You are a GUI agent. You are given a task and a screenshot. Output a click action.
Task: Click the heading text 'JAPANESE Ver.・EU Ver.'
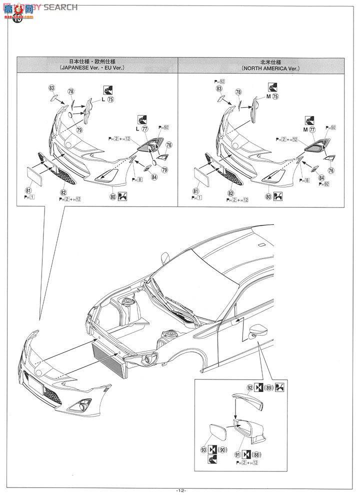coord(98,67)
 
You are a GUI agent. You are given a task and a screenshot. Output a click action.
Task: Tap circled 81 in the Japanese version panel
coord(27,190)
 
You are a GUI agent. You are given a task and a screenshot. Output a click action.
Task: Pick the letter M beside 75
coord(268,97)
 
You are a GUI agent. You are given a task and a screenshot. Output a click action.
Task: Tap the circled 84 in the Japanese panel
coord(154,177)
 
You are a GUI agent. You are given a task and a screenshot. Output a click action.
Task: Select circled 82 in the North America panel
coord(231,192)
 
